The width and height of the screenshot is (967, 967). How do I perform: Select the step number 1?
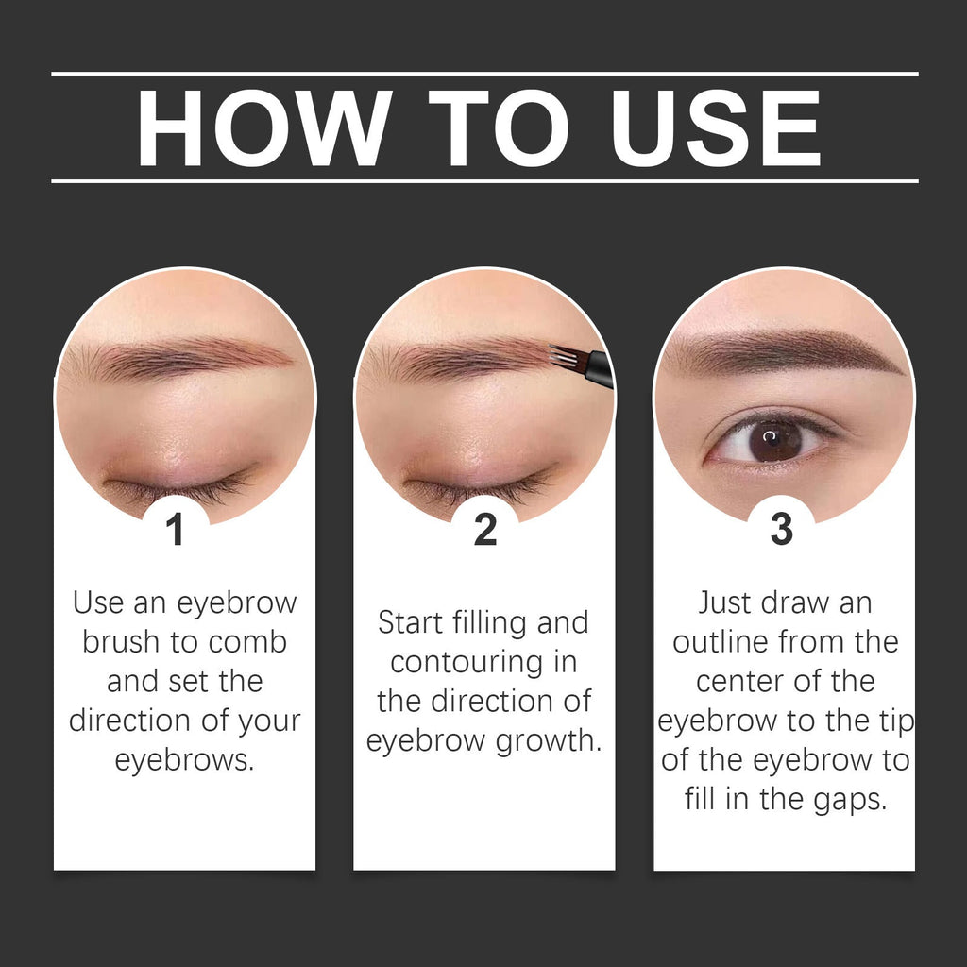pos(175,530)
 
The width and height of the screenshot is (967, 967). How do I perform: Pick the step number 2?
pos(484,530)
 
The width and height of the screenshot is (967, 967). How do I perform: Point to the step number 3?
pos(781,530)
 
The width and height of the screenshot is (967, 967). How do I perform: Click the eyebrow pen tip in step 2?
pos(565,358)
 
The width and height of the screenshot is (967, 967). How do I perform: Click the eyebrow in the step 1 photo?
pos(179,359)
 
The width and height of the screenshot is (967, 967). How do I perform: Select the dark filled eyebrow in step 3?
pos(784,351)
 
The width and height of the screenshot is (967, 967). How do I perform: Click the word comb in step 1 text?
pos(247,642)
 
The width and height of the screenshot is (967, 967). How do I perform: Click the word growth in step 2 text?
pos(548,741)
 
